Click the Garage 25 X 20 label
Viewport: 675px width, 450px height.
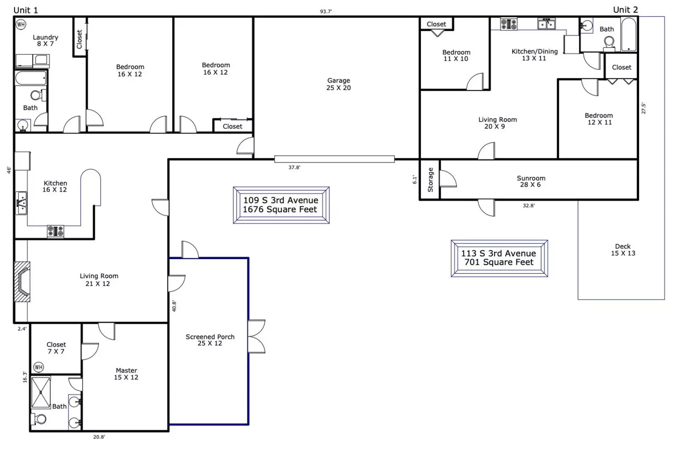339,84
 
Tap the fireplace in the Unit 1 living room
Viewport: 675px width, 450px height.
22,282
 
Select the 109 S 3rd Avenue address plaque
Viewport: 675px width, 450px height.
281,205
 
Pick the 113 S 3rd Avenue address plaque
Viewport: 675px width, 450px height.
499,258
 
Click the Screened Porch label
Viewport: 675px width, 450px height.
210,340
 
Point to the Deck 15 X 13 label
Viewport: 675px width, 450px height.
623,249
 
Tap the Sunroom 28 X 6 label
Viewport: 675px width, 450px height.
531,181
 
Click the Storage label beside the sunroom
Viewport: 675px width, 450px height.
430,180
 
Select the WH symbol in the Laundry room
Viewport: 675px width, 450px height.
21,24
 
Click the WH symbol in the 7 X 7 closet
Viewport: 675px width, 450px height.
38,367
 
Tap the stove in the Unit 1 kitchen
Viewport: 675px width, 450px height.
55,231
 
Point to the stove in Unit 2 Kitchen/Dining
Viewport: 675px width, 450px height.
509,24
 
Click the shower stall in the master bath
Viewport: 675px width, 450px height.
41,392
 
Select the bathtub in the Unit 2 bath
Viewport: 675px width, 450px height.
629,34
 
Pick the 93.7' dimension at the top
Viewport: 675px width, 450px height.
326,11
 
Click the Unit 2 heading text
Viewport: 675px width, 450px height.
625,10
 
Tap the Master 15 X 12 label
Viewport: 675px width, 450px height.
126,374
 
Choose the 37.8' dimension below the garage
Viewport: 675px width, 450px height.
294,168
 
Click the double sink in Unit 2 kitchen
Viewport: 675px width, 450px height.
546,24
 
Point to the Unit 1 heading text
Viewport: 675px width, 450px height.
26,10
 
